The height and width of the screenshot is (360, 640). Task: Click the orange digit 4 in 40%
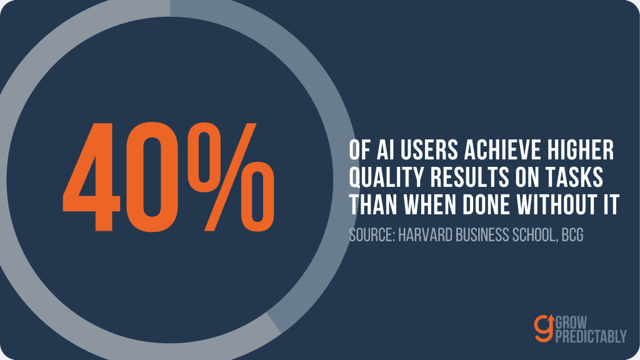coord(92,177)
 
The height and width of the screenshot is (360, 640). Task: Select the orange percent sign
coord(231,177)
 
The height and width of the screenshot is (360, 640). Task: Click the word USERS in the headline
coord(429,150)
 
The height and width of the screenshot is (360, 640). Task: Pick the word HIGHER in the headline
coord(581,150)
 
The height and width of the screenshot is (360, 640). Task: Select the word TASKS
coord(576,177)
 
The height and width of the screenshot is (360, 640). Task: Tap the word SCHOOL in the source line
coord(535,235)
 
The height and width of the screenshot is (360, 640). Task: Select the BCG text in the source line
coord(572,235)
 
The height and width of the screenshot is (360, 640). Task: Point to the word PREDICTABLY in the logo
coord(591,336)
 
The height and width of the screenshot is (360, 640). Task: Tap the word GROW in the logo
coord(571,322)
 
